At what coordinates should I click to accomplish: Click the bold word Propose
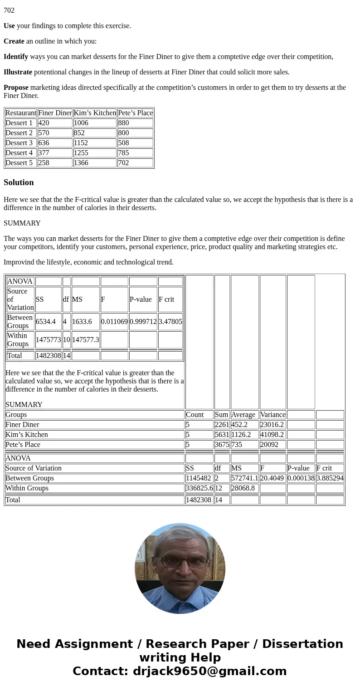pos(16,88)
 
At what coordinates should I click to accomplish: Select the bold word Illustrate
pos(18,72)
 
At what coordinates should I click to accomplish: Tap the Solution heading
pos(19,182)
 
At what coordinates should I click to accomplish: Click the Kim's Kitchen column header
pos(95,113)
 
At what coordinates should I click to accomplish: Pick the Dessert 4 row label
pos(19,153)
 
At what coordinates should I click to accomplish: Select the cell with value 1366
pos(81,163)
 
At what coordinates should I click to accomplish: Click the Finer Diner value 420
pos(44,123)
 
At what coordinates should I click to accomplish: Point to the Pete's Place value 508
pos(123,143)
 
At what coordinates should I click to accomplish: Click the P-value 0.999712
pos(143,322)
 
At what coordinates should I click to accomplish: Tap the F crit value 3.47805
pos(170,322)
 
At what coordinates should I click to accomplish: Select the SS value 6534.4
pos(46,322)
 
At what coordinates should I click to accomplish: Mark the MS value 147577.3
pos(85,340)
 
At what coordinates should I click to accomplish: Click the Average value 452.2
pos(239,425)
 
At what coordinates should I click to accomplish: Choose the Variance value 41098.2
pos(272,435)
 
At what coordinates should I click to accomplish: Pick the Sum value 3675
pos(222,445)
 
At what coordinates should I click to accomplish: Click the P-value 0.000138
pos(301,478)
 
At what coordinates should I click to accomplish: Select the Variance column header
pos(272,415)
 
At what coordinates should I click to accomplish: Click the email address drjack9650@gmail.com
pos(209,671)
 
